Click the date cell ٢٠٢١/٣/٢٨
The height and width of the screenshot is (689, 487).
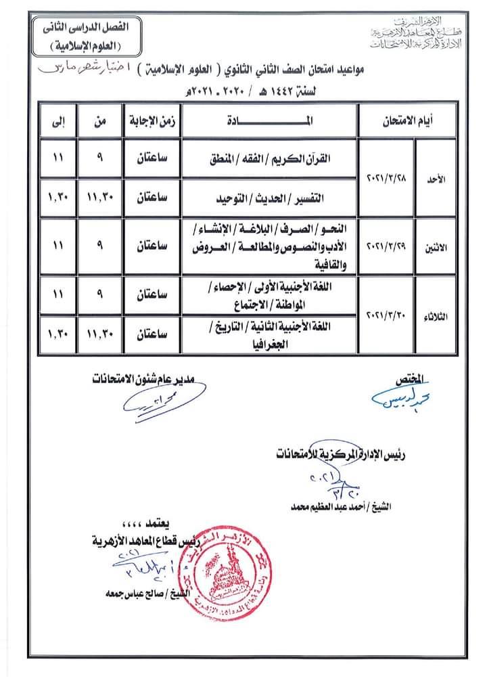[384, 179]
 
